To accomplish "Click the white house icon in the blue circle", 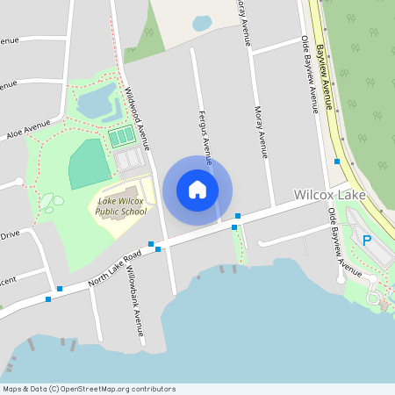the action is click(x=197, y=190).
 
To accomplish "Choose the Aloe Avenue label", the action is click(x=29, y=133).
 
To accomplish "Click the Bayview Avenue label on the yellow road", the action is click(x=324, y=75).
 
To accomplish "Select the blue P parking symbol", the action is click(x=367, y=241).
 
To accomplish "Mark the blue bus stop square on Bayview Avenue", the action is click(x=337, y=161).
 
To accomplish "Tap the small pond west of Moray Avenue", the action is click(x=202, y=23).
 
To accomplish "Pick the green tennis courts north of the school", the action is click(x=122, y=137).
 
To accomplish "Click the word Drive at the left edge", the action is click(x=10, y=234).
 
